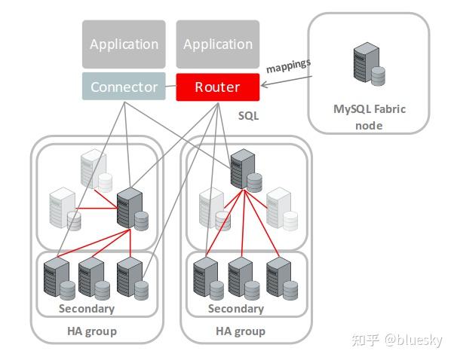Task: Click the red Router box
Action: [x=217, y=87]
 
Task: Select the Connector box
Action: [x=124, y=87]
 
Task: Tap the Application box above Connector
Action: [x=124, y=44]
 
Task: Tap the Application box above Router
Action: [x=217, y=44]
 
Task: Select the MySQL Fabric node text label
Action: [x=369, y=117]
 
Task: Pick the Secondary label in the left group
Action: [x=87, y=309]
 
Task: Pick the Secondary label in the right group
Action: [x=236, y=309]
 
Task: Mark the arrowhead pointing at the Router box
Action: [x=263, y=87]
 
